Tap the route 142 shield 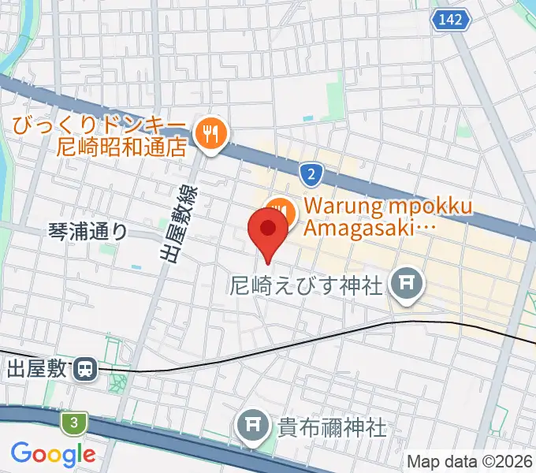pos(452,18)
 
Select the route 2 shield pos(312,172)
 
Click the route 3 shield pos(73,424)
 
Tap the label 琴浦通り pos(87,231)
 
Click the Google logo pos(53,454)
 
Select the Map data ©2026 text pos(469,461)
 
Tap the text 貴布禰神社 pos(331,428)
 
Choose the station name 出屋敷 pos(38,368)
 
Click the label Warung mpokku pos(388,207)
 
